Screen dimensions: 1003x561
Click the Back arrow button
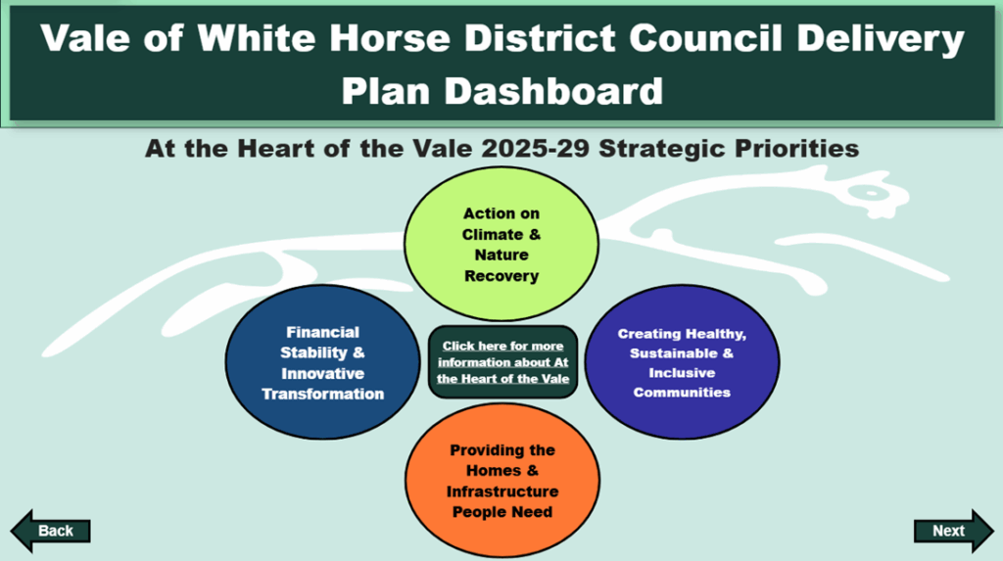pyautogui.click(x=51, y=531)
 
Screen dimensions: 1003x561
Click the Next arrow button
pyautogui.click(x=954, y=531)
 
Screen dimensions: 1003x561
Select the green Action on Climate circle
pyautogui.click(x=501, y=244)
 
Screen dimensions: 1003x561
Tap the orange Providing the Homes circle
pyautogui.click(x=502, y=481)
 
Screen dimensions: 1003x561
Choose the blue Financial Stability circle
pyautogui.click(x=322, y=362)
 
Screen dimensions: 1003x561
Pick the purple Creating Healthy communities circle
pyautogui.click(x=682, y=362)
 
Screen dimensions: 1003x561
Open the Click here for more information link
pyautogui.click(x=502, y=362)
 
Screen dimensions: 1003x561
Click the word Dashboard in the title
pyautogui.click(x=554, y=91)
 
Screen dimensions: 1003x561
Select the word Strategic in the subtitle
pyautogui.click(x=663, y=150)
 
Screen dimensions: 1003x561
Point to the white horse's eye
pyautogui.click(x=871, y=193)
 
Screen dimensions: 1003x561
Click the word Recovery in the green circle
pyautogui.click(x=501, y=276)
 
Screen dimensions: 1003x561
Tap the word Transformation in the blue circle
pyautogui.click(x=323, y=394)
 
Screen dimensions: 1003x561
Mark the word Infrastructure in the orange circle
pyautogui.click(x=502, y=491)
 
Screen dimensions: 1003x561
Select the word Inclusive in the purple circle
pyautogui.click(x=682, y=373)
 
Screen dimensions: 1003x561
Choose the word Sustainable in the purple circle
pyautogui.click(x=674, y=353)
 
